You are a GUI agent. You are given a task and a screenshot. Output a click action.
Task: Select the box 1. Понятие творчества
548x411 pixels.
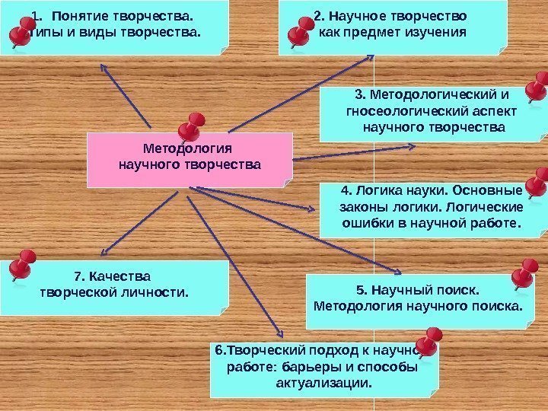(114, 27)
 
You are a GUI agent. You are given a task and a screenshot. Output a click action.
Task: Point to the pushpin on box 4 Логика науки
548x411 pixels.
(536, 183)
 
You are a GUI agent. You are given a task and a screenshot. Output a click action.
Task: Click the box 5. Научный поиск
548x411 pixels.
(419, 299)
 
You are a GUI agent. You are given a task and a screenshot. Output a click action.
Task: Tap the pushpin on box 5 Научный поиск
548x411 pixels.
(524, 274)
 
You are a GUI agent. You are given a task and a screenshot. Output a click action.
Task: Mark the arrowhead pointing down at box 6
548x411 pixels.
(281, 336)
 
